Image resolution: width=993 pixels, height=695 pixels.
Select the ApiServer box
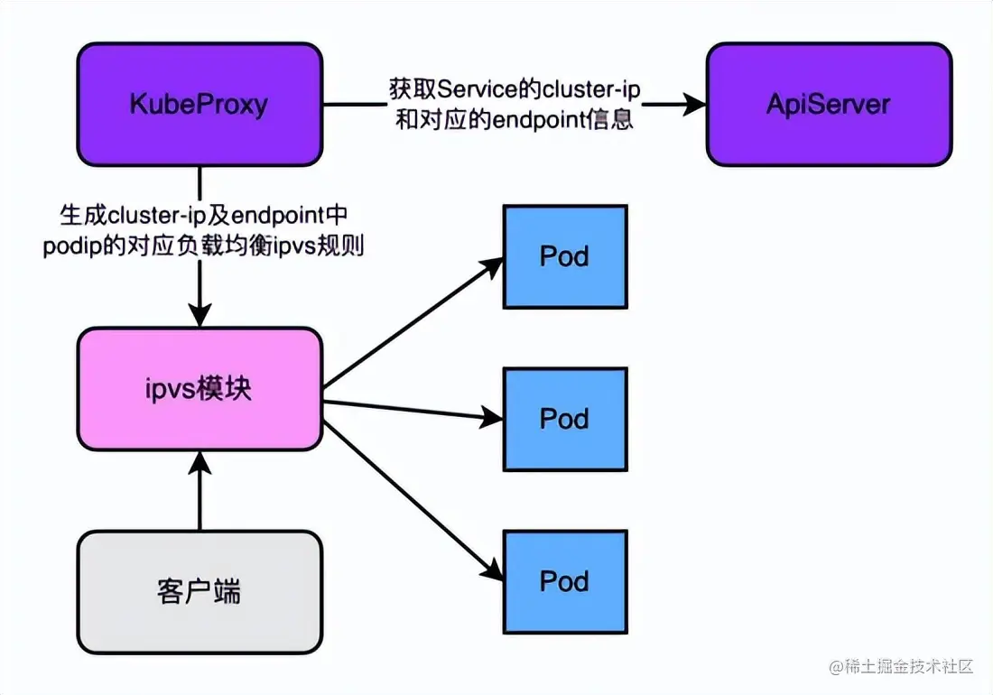click(x=828, y=104)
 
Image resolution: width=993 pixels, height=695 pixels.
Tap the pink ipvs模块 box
click(x=200, y=389)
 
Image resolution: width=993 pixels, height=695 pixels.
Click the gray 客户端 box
click(x=200, y=592)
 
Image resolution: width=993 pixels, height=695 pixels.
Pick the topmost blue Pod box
click(x=564, y=256)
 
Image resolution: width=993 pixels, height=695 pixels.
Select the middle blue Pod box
click(x=564, y=419)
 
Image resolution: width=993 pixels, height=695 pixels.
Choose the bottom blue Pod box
click(x=564, y=580)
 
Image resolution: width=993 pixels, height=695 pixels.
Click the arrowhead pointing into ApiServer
click(x=694, y=104)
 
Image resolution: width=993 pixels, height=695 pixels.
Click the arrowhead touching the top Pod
click(x=493, y=263)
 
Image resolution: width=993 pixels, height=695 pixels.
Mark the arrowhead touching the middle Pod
click(x=492, y=417)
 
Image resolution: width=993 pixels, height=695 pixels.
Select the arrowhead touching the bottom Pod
click(x=493, y=570)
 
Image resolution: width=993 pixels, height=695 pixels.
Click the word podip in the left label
click(x=65, y=246)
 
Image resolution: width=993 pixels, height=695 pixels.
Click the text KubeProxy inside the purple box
click(x=200, y=104)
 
